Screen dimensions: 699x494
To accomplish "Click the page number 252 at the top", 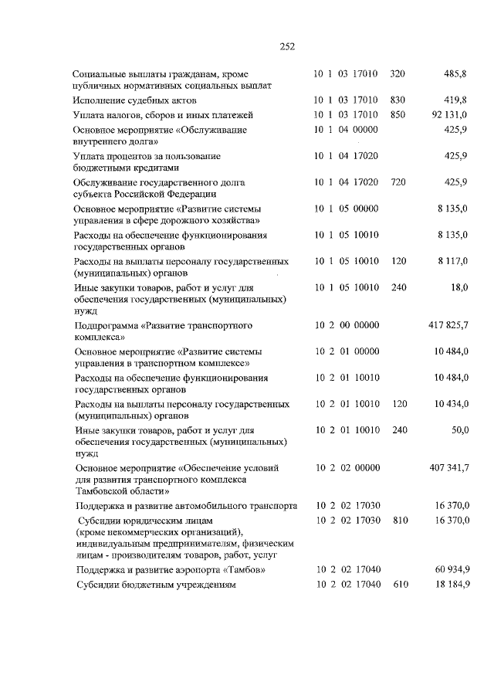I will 287,46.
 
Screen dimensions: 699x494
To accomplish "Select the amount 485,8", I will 455,74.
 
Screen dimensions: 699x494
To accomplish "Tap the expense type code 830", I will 398,100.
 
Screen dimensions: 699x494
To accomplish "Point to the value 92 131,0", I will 449,114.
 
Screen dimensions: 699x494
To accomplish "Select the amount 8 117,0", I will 452,261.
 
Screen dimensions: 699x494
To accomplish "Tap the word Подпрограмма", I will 107,326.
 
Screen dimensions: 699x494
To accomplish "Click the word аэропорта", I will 211,570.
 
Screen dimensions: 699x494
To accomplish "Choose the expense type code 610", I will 398,585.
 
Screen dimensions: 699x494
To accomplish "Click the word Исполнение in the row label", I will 102,100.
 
